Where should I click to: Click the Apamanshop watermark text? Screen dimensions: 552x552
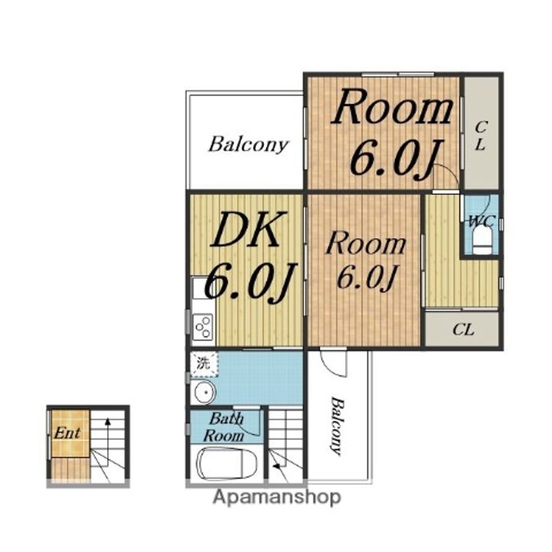pos(277,498)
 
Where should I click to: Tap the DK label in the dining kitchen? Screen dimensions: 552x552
pos(246,229)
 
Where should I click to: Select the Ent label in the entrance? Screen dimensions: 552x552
pos(67,432)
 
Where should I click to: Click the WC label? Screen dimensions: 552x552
pos(481,222)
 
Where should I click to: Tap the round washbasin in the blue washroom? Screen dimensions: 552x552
pos(205,393)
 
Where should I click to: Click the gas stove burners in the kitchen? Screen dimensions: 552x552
pos(202,327)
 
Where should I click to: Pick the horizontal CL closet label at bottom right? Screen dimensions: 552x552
pos(463,330)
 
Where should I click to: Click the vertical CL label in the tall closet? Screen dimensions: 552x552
pos(481,135)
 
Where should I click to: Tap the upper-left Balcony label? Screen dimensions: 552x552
pos(248,145)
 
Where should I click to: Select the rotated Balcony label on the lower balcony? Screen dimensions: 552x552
pos(337,426)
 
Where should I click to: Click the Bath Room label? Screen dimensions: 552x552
pos(224,427)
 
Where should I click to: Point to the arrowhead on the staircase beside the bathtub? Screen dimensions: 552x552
pos(277,466)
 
